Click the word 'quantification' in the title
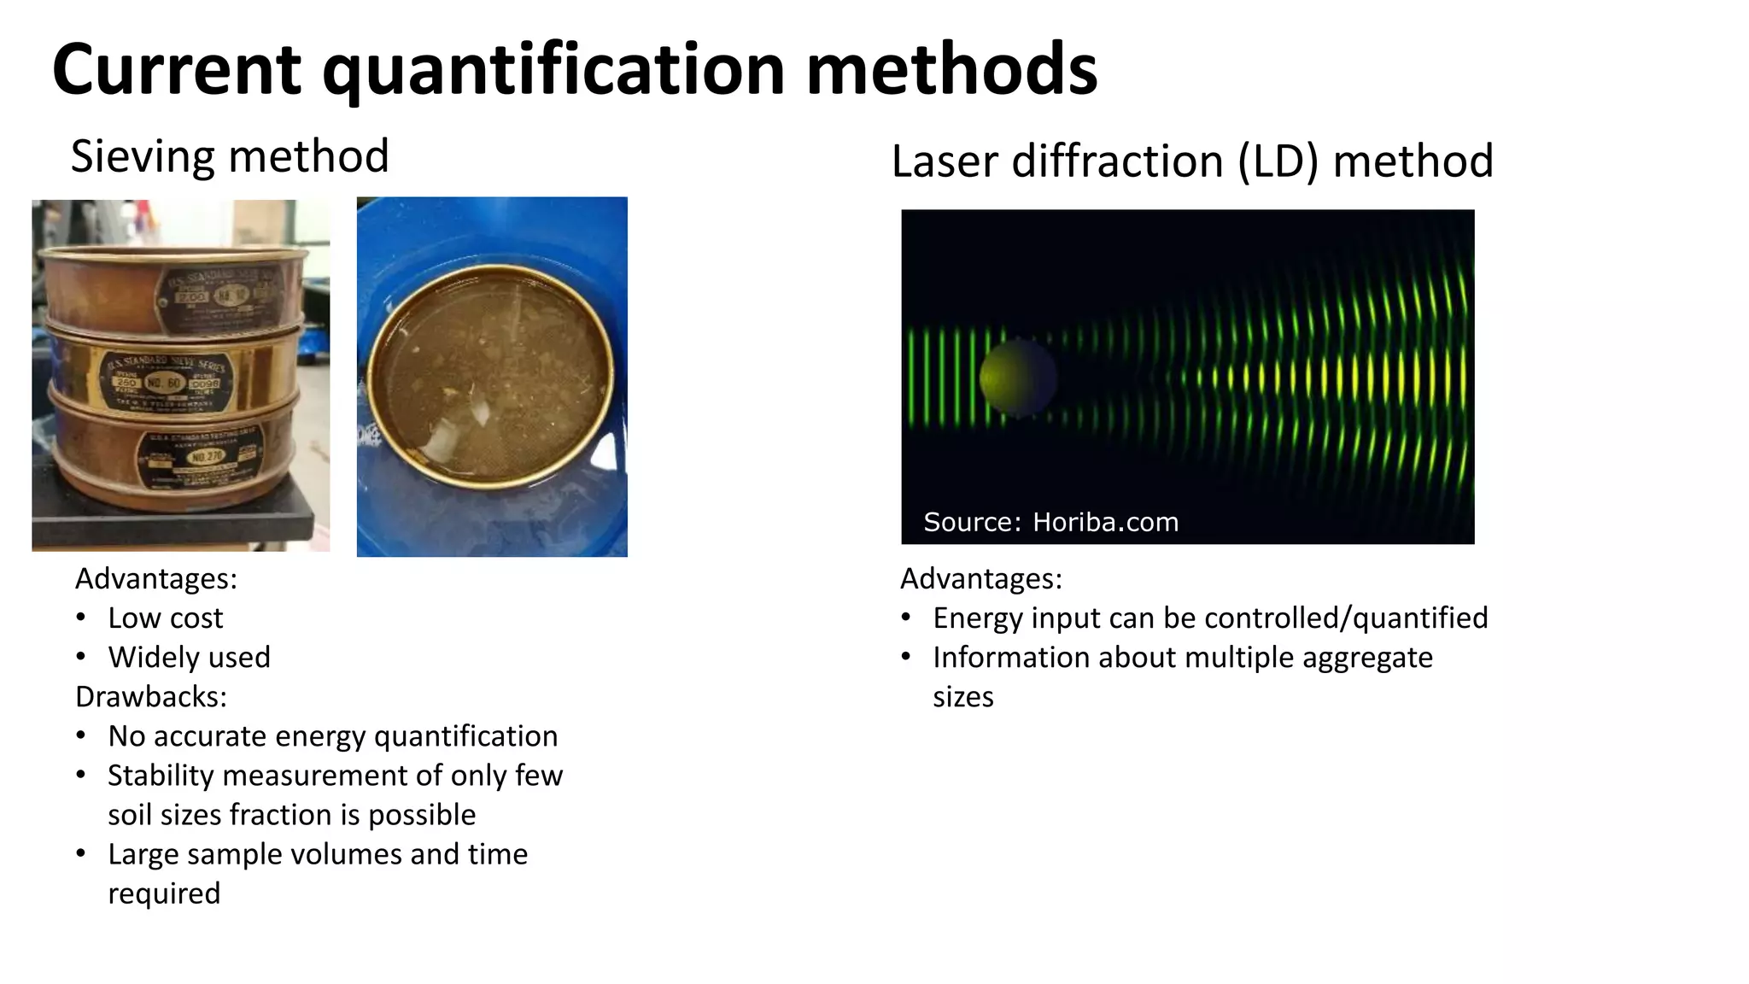tap(553, 70)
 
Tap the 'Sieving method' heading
tap(230, 156)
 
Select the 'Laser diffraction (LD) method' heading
tap(1192, 161)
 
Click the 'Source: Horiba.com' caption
tap(1050, 522)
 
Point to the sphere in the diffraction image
tap(1017, 377)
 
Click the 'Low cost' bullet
tap(165, 618)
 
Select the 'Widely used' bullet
tap(189, 657)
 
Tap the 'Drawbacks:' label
tap(151, 696)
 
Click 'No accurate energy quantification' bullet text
tap(332, 735)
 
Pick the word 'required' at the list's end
tap(164, 893)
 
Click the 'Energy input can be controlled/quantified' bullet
tap(1210, 618)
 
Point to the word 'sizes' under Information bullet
tap(962, 696)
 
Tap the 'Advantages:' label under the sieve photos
tap(156, 578)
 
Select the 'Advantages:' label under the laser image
tap(981, 578)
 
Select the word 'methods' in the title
tap(951, 70)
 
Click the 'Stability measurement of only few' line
tap(335, 775)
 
